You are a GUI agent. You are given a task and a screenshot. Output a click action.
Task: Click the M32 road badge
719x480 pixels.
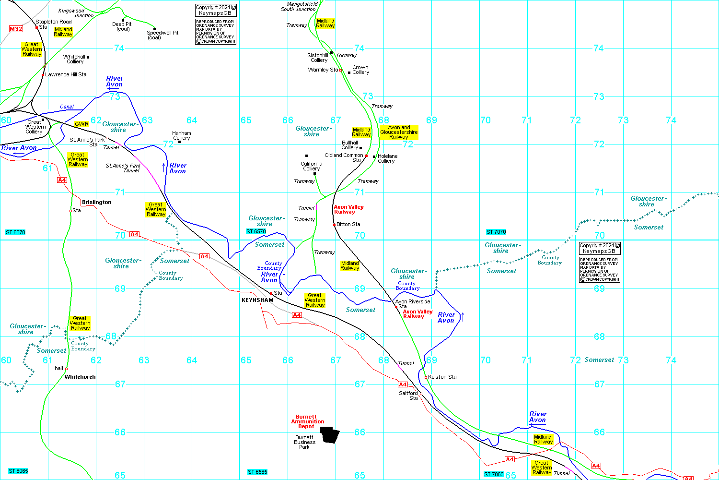coord(16,29)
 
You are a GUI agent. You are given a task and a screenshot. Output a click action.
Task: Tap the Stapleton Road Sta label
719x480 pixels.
coord(53,24)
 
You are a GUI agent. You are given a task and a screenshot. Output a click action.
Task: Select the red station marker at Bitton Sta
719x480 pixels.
coord(334,225)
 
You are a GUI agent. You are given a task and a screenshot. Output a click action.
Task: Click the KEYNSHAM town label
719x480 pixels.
coord(257,300)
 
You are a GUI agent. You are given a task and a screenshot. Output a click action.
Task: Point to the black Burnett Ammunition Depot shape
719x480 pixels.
coord(330,434)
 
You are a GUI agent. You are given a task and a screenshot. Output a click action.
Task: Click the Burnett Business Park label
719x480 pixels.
coord(304,442)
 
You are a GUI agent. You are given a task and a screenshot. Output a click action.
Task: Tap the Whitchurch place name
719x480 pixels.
coord(80,377)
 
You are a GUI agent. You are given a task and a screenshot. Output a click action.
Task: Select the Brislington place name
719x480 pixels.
coord(96,202)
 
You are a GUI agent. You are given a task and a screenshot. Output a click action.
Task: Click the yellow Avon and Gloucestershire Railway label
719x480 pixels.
coord(399,132)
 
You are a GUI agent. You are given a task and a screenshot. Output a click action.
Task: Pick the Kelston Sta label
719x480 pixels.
coord(442,377)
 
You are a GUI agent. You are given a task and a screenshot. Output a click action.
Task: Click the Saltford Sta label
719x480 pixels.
coord(409,396)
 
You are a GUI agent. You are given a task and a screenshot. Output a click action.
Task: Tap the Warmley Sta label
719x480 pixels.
coord(323,70)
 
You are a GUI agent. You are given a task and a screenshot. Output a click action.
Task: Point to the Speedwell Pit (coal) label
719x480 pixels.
coord(162,35)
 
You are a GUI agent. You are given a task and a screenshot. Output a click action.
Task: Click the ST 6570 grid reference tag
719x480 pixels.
coord(256,231)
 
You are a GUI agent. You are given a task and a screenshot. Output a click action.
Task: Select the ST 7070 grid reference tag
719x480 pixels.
coord(496,232)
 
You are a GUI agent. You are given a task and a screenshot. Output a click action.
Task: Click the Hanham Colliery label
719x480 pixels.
coord(182,135)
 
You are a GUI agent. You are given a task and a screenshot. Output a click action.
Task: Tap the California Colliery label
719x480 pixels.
coord(312,166)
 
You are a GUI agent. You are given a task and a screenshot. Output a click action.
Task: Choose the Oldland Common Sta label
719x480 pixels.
coord(344,157)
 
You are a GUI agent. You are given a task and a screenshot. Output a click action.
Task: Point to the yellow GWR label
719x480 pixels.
coord(81,124)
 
